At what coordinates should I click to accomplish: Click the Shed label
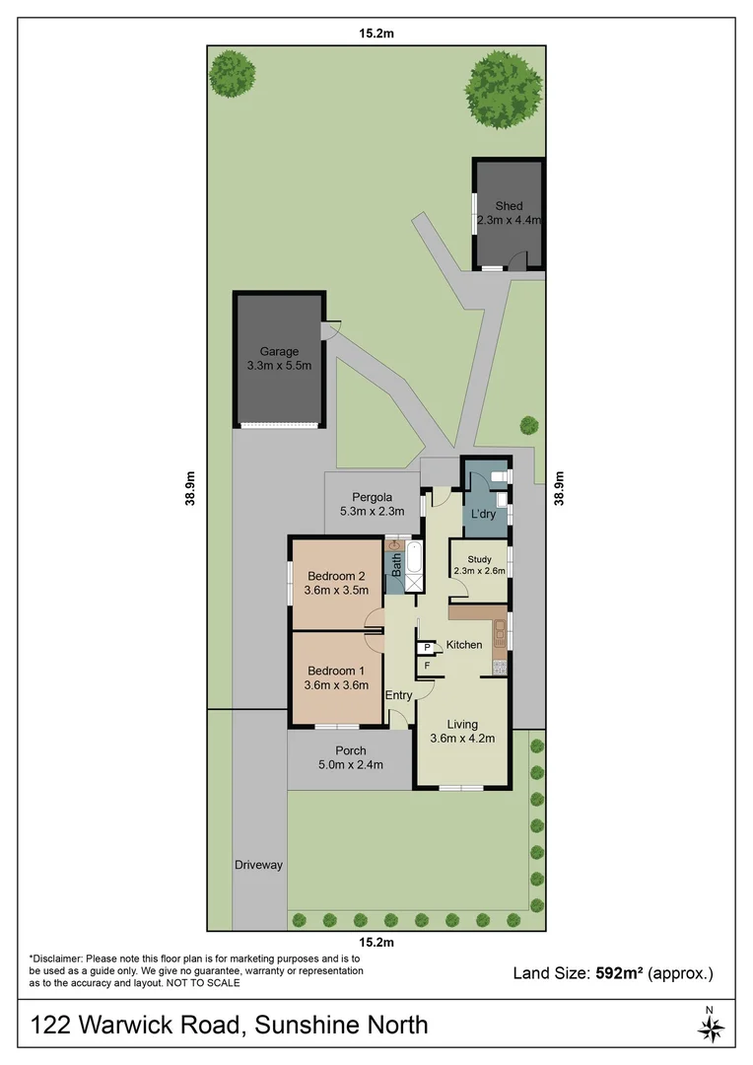pyautogui.click(x=509, y=206)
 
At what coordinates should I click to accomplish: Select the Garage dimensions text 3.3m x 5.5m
pyautogui.click(x=279, y=366)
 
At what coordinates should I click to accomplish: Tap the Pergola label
pyautogui.click(x=364, y=496)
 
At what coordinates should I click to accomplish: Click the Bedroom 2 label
pyautogui.click(x=337, y=576)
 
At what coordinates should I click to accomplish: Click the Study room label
pyautogui.click(x=479, y=559)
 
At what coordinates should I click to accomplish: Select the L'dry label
pyautogui.click(x=483, y=515)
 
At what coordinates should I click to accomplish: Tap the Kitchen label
pyautogui.click(x=464, y=645)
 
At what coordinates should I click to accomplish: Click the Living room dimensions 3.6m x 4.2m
pyautogui.click(x=462, y=738)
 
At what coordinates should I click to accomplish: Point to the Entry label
pyautogui.click(x=399, y=695)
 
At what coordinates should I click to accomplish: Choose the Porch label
pyautogui.click(x=351, y=750)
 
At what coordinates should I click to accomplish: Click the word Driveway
pyautogui.click(x=258, y=865)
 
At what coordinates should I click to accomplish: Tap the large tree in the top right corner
pyautogui.click(x=504, y=85)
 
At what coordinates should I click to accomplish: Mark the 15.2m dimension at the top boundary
pyautogui.click(x=376, y=33)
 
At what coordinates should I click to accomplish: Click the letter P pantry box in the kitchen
pyautogui.click(x=427, y=648)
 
